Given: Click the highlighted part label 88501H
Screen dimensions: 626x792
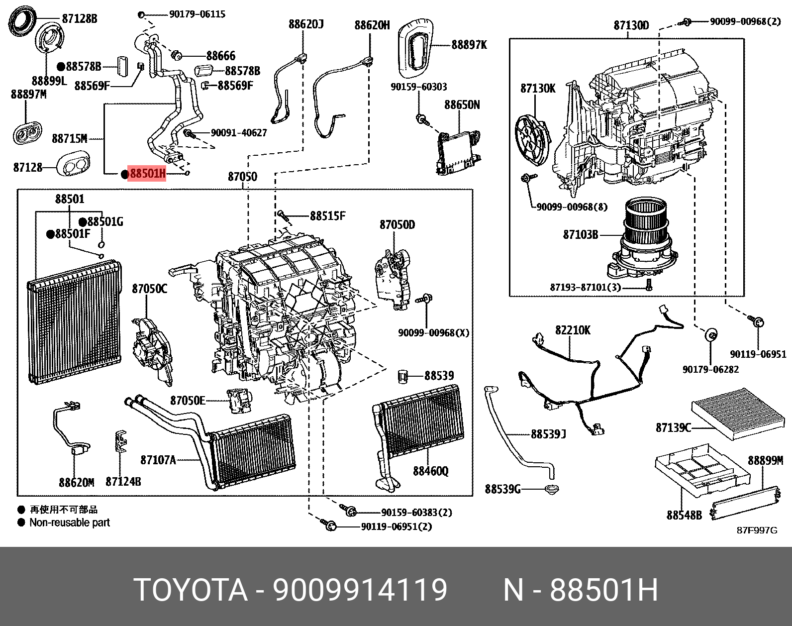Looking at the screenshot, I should (147, 174).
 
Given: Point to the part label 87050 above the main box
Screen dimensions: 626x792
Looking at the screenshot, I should (242, 177).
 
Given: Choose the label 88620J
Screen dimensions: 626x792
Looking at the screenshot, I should (306, 24).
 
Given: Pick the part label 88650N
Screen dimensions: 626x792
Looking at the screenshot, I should (462, 105).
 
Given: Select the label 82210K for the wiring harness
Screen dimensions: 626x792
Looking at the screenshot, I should (573, 330).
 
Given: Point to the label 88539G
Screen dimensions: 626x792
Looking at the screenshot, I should (502, 490).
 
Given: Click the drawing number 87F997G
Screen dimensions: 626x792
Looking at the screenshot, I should (756, 530).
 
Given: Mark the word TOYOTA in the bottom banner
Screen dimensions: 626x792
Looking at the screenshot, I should (191, 591).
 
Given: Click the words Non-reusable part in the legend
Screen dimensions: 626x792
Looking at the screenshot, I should (69, 522).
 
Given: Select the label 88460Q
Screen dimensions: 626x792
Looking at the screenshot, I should (431, 470).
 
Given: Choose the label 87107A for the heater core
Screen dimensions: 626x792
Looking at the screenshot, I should (158, 460).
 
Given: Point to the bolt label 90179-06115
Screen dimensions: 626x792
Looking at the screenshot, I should (197, 14).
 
